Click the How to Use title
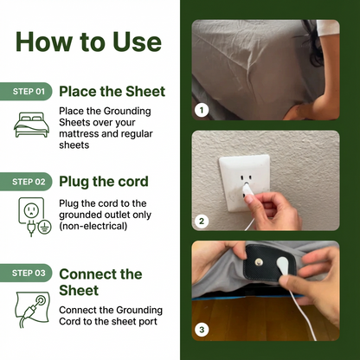coord(88,42)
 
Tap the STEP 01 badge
coord(26,92)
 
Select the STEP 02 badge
coord(26,182)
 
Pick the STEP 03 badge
coord(26,273)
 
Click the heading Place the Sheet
coord(112,92)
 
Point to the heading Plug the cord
coord(104,182)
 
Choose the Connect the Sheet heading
coord(100,282)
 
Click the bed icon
coord(31,125)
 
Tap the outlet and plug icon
coord(35,216)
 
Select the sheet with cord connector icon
coord(33,310)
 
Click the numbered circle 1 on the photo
coord(202,110)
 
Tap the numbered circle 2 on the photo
coord(202,221)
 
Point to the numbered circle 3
coord(202,330)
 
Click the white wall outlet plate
coord(245,183)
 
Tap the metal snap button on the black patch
coord(259,262)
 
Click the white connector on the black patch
coord(283,264)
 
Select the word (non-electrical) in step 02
coord(93,226)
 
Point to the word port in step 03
coord(148,322)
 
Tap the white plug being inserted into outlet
coord(247,192)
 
